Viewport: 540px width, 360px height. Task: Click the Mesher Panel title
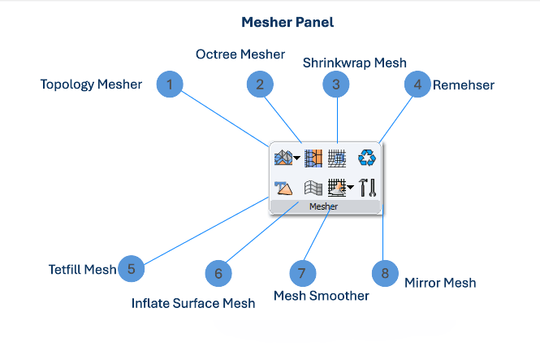coord(287,23)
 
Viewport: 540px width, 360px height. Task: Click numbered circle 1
coord(170,84)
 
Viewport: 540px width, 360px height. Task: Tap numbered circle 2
coord(260,84)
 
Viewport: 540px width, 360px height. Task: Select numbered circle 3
coord(336,84)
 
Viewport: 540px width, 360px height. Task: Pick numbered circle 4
coord(417,84)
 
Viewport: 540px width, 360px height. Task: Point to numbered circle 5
coord(132,269)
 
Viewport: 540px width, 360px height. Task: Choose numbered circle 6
coord(218,274)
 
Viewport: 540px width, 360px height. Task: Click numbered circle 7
coord(303,273)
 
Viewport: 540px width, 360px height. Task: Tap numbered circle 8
coord(385,273)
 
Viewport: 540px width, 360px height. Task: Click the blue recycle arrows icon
coord(367,158)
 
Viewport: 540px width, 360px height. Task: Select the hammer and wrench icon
coord(367,188)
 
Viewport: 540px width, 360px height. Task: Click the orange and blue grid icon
coord(313,158)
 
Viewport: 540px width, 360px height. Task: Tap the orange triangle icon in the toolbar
coord(283,188)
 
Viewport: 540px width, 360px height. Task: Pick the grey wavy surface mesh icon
coord(313,188)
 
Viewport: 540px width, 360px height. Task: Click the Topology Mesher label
coord(91,85)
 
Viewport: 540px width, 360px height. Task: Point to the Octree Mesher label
coord(240,54)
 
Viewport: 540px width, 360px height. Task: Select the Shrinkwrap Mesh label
coord(355,63)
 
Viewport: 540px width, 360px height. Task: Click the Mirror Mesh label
coord(440,283)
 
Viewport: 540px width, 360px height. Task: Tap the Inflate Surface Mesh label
coord(193,303)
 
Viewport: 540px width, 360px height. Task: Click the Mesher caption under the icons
coord(323,206)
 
